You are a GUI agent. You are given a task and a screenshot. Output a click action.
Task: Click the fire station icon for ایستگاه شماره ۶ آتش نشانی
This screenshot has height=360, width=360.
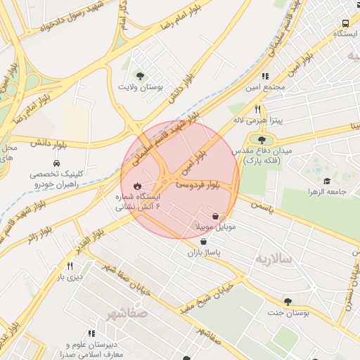(136, 186)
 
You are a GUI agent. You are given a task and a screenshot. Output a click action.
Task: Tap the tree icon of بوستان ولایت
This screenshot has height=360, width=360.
(141, 76)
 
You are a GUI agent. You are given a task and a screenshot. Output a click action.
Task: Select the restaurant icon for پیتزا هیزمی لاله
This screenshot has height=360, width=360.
(258, 109)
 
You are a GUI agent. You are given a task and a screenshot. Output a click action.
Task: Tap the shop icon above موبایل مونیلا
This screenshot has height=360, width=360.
(214, 217)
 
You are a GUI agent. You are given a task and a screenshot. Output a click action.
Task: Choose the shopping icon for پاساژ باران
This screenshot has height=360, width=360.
(203, 241)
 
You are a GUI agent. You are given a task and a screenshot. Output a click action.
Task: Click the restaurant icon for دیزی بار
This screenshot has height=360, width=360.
(70, 266)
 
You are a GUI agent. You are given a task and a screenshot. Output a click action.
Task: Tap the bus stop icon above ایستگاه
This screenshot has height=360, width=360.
(345, 22)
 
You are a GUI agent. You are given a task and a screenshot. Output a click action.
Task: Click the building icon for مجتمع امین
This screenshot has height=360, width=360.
(264, 76)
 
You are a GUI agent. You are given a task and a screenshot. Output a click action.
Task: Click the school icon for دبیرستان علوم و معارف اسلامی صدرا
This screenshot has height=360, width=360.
(91, 333)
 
